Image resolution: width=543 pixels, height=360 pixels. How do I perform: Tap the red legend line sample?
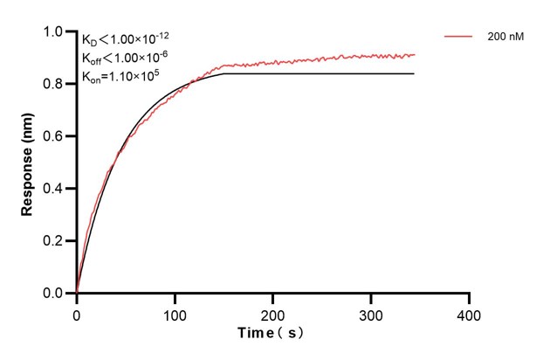click(459, 38)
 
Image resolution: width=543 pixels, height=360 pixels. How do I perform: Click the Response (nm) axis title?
click(28, 163)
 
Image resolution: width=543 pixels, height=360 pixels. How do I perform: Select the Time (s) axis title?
click(271, 334)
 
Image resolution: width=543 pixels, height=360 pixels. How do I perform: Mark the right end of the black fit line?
click(414, 73)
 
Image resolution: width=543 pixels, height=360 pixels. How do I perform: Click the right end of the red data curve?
click(415, 54)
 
